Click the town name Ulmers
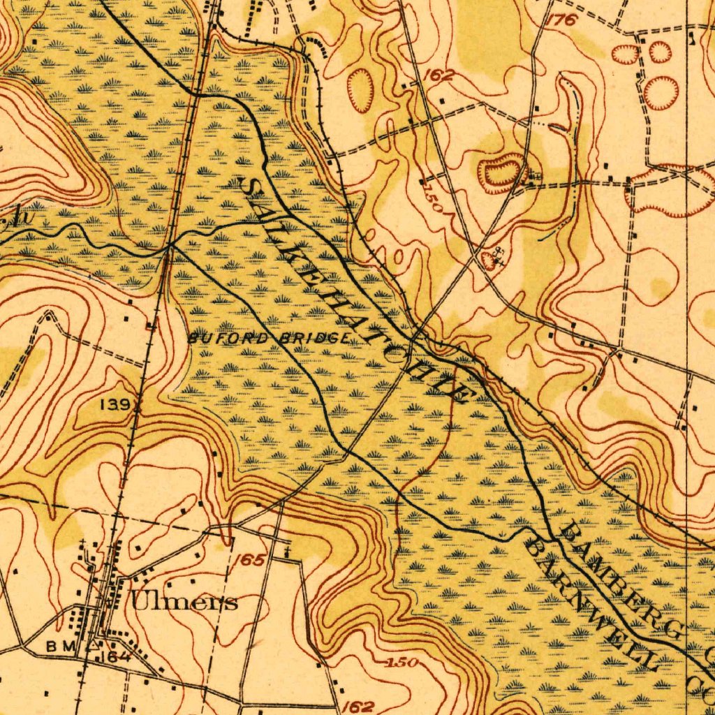click(184, 602)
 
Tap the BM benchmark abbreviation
click(60, 647)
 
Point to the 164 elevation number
click(112, 657)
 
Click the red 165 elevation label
click(249, 561)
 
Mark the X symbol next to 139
click(137, 404)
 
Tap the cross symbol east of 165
click(287, 552)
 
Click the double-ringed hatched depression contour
click(501, 172)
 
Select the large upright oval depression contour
click(361, 90)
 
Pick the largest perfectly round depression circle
click(661, 93)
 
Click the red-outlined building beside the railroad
click(150, 325)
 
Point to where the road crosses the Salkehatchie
click(413, 338)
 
